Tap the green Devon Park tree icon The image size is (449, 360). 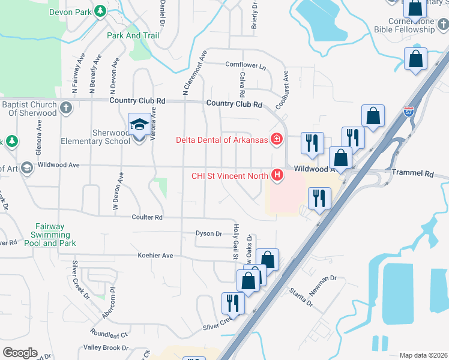[x=101, y=11]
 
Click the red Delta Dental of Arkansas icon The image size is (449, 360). [x=277, y=140]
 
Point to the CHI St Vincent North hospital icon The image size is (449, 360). [x=277, y=175]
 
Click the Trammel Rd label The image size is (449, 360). [x=412, y=172]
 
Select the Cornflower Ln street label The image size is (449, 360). [x=245, y=64]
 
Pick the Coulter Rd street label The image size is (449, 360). [x=146, y=217]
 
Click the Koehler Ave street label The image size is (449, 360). [x=155, y=256]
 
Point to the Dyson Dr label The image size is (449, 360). [x=209, y=233]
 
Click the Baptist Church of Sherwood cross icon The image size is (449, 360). [x=66, y=109]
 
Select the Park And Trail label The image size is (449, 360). [x=133, y=35]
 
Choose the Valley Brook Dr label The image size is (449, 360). [x=106, y=347]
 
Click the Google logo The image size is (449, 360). [x=20, y=353]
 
